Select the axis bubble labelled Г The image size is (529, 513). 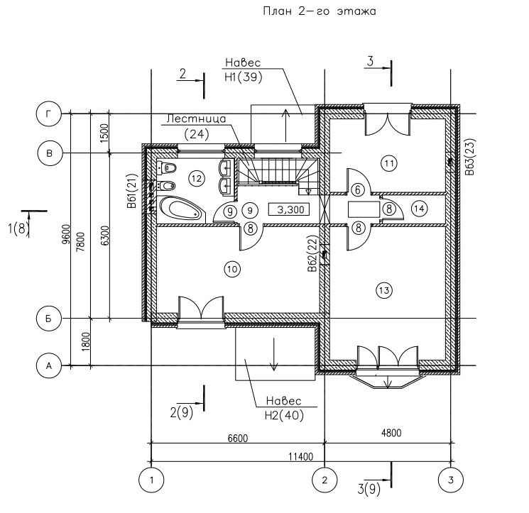click(49, 113)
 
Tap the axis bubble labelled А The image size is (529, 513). click(49, 365)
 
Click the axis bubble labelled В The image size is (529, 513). click(49, 153)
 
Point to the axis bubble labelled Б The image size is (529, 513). click(49, 319)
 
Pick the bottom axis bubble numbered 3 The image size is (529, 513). click(450, 480)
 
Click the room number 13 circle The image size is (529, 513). click(384, 289)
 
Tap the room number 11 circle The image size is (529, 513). click(388, 162)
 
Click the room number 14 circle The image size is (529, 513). click(418, 209)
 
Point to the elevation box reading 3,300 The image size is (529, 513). click(288, 209)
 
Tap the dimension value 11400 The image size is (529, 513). click(301, 456)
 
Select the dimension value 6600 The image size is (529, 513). click(237, 438)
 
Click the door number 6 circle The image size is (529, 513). click(357, 189)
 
